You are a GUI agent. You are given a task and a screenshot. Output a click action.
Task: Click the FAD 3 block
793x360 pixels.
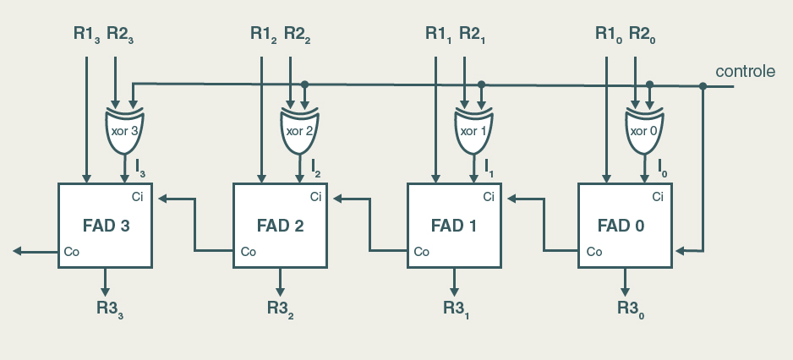(x=105, y=226)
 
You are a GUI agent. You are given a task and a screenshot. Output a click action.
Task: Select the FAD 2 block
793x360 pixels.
(x=280, y=226)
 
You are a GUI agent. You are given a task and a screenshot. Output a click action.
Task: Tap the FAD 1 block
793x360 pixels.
(x=454, y=226)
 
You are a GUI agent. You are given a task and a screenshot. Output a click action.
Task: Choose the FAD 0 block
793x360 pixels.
(x=624, y=226)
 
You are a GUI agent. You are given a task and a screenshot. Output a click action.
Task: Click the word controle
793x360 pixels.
(x=745, y=72)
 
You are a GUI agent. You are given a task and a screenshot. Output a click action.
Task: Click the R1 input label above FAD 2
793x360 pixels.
(x=263, y=35)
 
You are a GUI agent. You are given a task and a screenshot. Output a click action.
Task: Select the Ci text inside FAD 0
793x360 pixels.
(x=658, y=197)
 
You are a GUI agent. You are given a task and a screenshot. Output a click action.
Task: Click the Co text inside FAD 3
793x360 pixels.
(x=72, y=251)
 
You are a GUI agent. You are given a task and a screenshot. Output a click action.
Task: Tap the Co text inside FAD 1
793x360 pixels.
(x=421, y=251)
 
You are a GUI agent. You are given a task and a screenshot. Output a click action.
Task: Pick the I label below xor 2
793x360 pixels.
(x=315, y=165)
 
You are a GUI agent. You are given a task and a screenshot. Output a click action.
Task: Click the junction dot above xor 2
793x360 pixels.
(x=305, y=85)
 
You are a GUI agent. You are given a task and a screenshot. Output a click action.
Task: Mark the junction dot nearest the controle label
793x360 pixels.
(x=703, y=85)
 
